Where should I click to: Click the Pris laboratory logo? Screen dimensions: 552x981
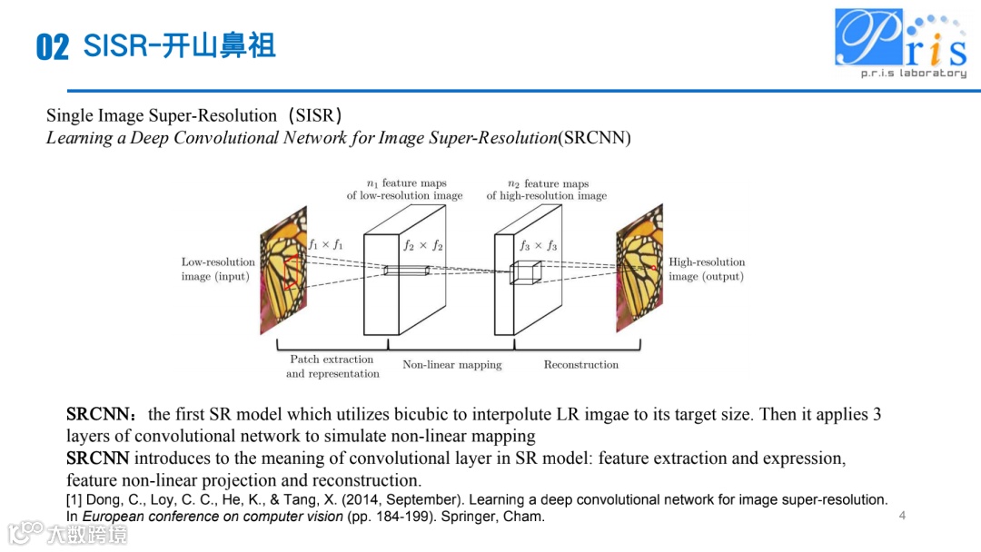point(900,43)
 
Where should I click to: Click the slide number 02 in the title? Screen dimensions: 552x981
point(53,47)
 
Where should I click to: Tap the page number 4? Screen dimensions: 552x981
point(902,516)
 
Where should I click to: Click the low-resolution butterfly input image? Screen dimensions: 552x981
point(284,270)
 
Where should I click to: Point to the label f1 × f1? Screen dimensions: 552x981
point(325,244)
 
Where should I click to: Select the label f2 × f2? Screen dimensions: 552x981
point(422,245)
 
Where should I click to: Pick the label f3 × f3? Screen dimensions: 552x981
point(539,245)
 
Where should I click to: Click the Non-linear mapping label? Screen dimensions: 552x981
point(451,365)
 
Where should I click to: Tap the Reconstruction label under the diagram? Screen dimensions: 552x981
point(580,365)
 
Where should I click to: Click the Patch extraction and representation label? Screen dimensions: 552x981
point(332,367)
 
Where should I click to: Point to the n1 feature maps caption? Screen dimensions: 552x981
point(404,189)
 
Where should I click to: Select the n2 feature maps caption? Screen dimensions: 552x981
point(546,189)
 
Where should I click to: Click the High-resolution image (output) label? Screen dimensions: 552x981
point(707,270)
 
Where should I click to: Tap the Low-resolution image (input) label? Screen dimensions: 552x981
point(218,270)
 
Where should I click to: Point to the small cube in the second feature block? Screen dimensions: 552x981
point(524,272)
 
